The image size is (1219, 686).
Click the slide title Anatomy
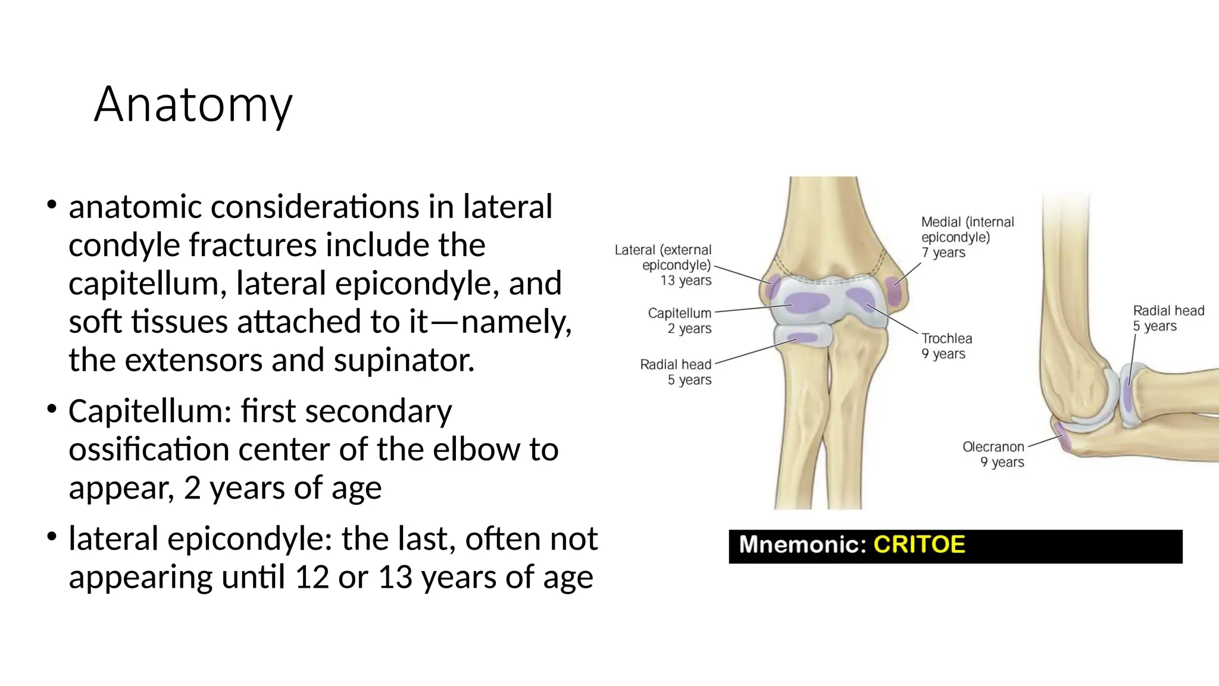pos(193,105)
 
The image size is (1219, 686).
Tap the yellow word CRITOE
pos(919,545)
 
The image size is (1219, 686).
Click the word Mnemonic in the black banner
pos(802,545)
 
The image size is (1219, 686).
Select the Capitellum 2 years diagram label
pos(680,320)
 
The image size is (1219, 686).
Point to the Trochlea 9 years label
pos(946,346)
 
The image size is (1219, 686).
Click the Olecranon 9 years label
pos(993,454)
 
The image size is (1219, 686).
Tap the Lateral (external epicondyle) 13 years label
pos(664,265)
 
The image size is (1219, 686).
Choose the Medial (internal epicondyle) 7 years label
pos(967,237)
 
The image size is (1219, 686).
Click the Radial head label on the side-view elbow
pos(1168,318)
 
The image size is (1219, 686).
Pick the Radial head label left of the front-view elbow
pos(676,372)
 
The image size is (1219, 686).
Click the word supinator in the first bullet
pos(404,361)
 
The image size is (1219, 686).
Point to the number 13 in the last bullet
pos(395,577)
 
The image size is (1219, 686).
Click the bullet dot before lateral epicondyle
pos(52,537)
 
